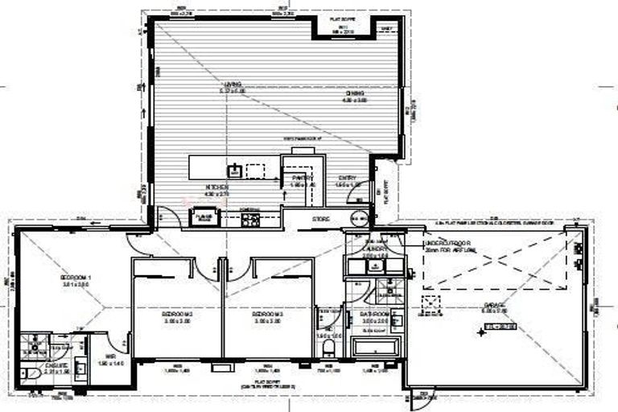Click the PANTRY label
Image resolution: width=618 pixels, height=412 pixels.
301,179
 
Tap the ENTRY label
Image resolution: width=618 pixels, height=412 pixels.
347,179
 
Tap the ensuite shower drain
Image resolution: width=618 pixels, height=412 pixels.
36,348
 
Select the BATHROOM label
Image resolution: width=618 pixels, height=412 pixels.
375,315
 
